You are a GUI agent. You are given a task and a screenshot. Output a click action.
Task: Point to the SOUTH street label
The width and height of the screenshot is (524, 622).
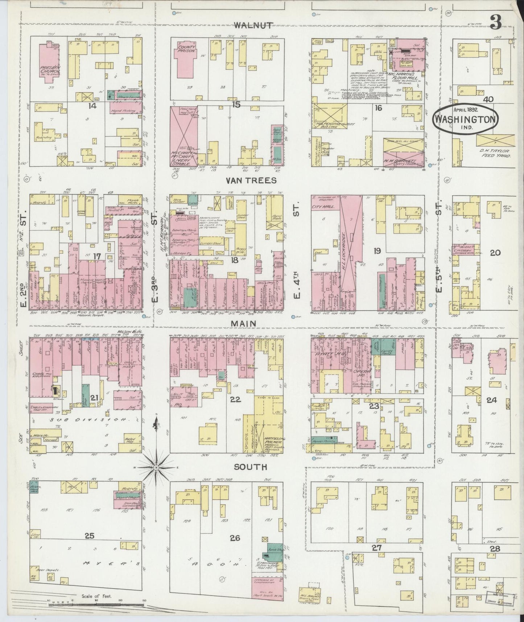(x=250, y=467)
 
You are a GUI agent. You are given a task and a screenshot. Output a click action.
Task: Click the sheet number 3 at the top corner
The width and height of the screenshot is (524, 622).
(x=495, y=23)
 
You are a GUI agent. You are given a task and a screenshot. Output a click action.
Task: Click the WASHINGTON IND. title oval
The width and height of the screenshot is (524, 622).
(x=465, y=120)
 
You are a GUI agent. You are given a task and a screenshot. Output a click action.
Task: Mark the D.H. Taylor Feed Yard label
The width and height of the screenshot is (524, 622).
(x=495, y=153)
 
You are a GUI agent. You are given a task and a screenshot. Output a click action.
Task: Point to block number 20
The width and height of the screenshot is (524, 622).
(x=495, y=253)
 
